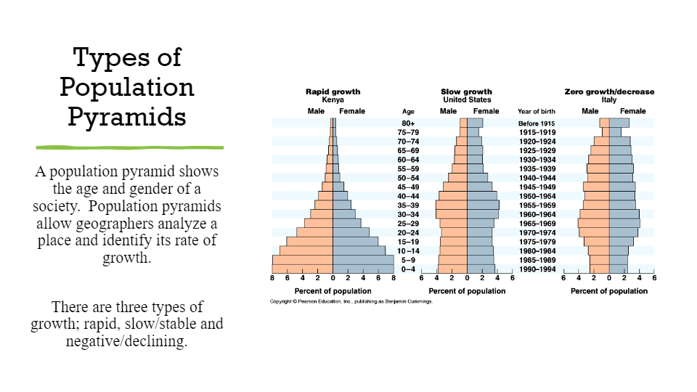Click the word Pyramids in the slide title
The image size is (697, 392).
tap(127, 117)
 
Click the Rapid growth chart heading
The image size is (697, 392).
tap(333, 91)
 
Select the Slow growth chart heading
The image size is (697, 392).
tap(466, 91)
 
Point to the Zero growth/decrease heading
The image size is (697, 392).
tap(609, 91)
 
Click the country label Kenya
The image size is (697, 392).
tap(333, 99)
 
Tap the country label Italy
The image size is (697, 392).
tap(608, 99)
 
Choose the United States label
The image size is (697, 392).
tap(466, 99)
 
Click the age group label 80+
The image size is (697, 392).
tap(408, 123)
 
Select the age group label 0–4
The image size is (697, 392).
tap(408, 269)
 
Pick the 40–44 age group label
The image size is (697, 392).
tap(408, 196)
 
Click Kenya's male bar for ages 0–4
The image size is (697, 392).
tap(303, 269)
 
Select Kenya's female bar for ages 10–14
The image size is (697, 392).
tap(359, 250)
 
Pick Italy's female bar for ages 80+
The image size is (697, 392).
tap(619, 123)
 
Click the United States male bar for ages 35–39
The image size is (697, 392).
tap(451, 205)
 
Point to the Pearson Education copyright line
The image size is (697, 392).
tap(351, 301)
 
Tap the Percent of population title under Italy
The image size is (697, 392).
tap(609, 291)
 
